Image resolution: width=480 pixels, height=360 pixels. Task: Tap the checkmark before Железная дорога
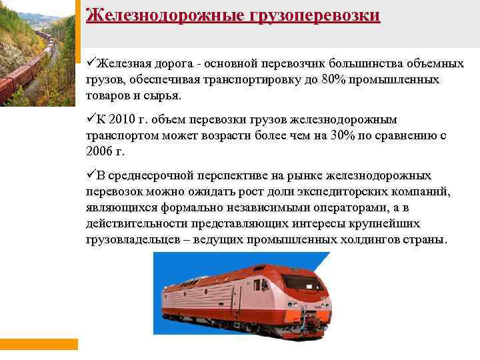coord(91,64)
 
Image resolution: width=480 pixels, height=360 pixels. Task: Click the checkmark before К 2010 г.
coord(91,119)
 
